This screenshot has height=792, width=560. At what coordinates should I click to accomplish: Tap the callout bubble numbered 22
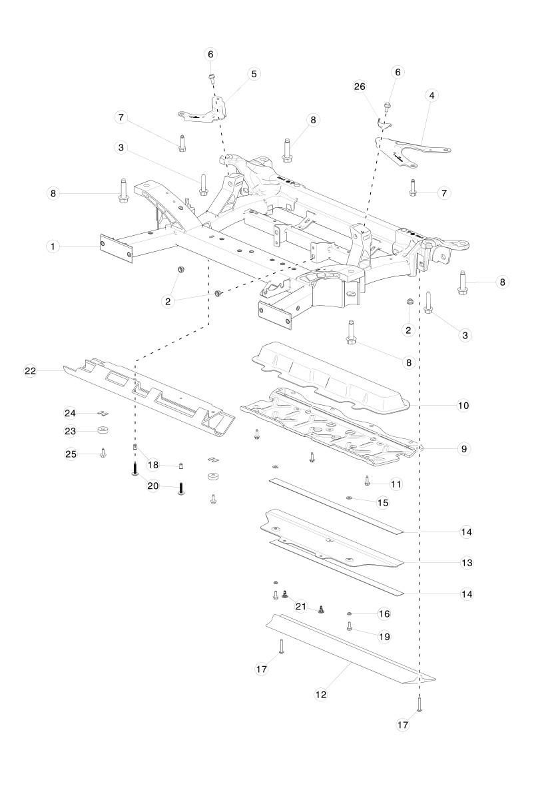(x=30, y=371)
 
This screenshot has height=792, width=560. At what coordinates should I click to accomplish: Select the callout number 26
(x=360, y=87)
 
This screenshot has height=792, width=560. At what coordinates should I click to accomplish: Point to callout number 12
(x=321, y=693)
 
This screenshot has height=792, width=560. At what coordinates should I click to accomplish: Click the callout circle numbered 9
(x=463, y=449)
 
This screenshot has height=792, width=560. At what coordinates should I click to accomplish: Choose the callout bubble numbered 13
(x=467, y=563)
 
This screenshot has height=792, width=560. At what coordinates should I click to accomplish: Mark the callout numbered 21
(x=301, y=606)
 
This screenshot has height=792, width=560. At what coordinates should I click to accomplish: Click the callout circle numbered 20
(x=153, y=486)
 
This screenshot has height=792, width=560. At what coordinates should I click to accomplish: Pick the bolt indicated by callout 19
(x=350, y=626)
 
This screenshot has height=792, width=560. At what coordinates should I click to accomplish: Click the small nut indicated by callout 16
(x=350, y=612)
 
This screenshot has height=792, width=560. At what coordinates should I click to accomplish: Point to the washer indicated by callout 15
(x=349, y=497)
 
